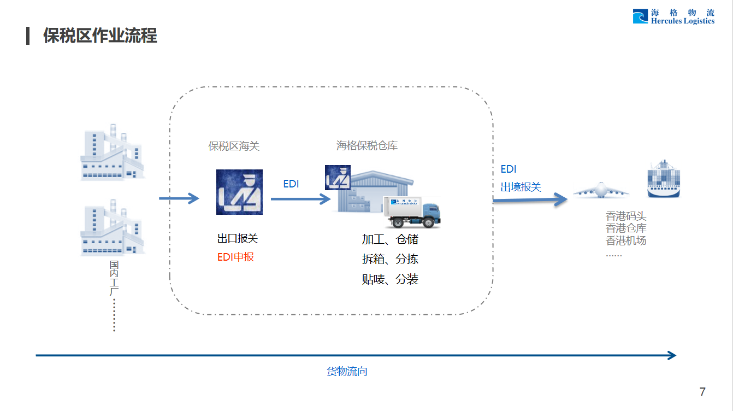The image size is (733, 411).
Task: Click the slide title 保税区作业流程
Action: click(100, 36)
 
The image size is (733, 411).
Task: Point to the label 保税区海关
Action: click(234, 146)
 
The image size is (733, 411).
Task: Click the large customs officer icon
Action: click(239, 192)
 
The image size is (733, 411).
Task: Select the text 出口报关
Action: click(238, 239)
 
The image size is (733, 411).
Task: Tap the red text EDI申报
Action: click(235, 257)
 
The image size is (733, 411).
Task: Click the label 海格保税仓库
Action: click(366, 146)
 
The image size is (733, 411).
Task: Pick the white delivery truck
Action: click(412, 212)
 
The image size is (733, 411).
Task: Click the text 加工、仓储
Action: click(390, 239)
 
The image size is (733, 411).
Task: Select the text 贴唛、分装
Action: click(390, 279)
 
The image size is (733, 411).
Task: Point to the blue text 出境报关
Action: click(521, 187)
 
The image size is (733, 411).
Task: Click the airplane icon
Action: click(601, 190)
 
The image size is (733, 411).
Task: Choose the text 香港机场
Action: click(626, 240)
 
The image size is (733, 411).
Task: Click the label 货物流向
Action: click(347, 372)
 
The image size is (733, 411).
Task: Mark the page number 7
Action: click(702, 391)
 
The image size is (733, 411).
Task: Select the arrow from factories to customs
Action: click(179, 198)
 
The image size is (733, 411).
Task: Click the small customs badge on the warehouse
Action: click(337, 177)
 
